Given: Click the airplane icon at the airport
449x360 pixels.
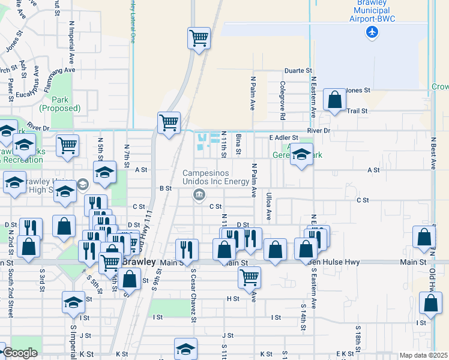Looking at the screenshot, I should pyautogui.click(x=372, y=32).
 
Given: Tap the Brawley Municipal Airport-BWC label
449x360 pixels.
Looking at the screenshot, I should pyautogui.click(x=372, y=11).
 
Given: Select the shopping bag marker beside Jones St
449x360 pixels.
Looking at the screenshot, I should pyautogui.click(x=334, y=100).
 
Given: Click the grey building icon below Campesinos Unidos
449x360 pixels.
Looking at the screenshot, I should pyautogui.click(x=199, y=194).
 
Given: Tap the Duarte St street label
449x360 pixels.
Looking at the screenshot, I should pyautogui.click(x=298, y=71).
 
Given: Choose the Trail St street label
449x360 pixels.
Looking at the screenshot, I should pyautogui.click(x=356, y=110).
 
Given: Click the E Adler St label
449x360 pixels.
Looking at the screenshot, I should pyautogui.click(x=284, y=137).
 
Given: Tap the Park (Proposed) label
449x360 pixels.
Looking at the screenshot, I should pyautogui.click(x=59, y=104).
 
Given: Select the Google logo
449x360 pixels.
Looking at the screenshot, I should pyautogui.click(x=20, y=353).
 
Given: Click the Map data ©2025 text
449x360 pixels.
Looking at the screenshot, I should pyautogui.click(x=423, y=355).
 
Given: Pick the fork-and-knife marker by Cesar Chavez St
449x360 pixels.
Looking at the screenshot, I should pyautogui.click(x=186, y=250).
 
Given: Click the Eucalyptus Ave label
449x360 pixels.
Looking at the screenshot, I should pyautogui.click(x=30, y=86).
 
